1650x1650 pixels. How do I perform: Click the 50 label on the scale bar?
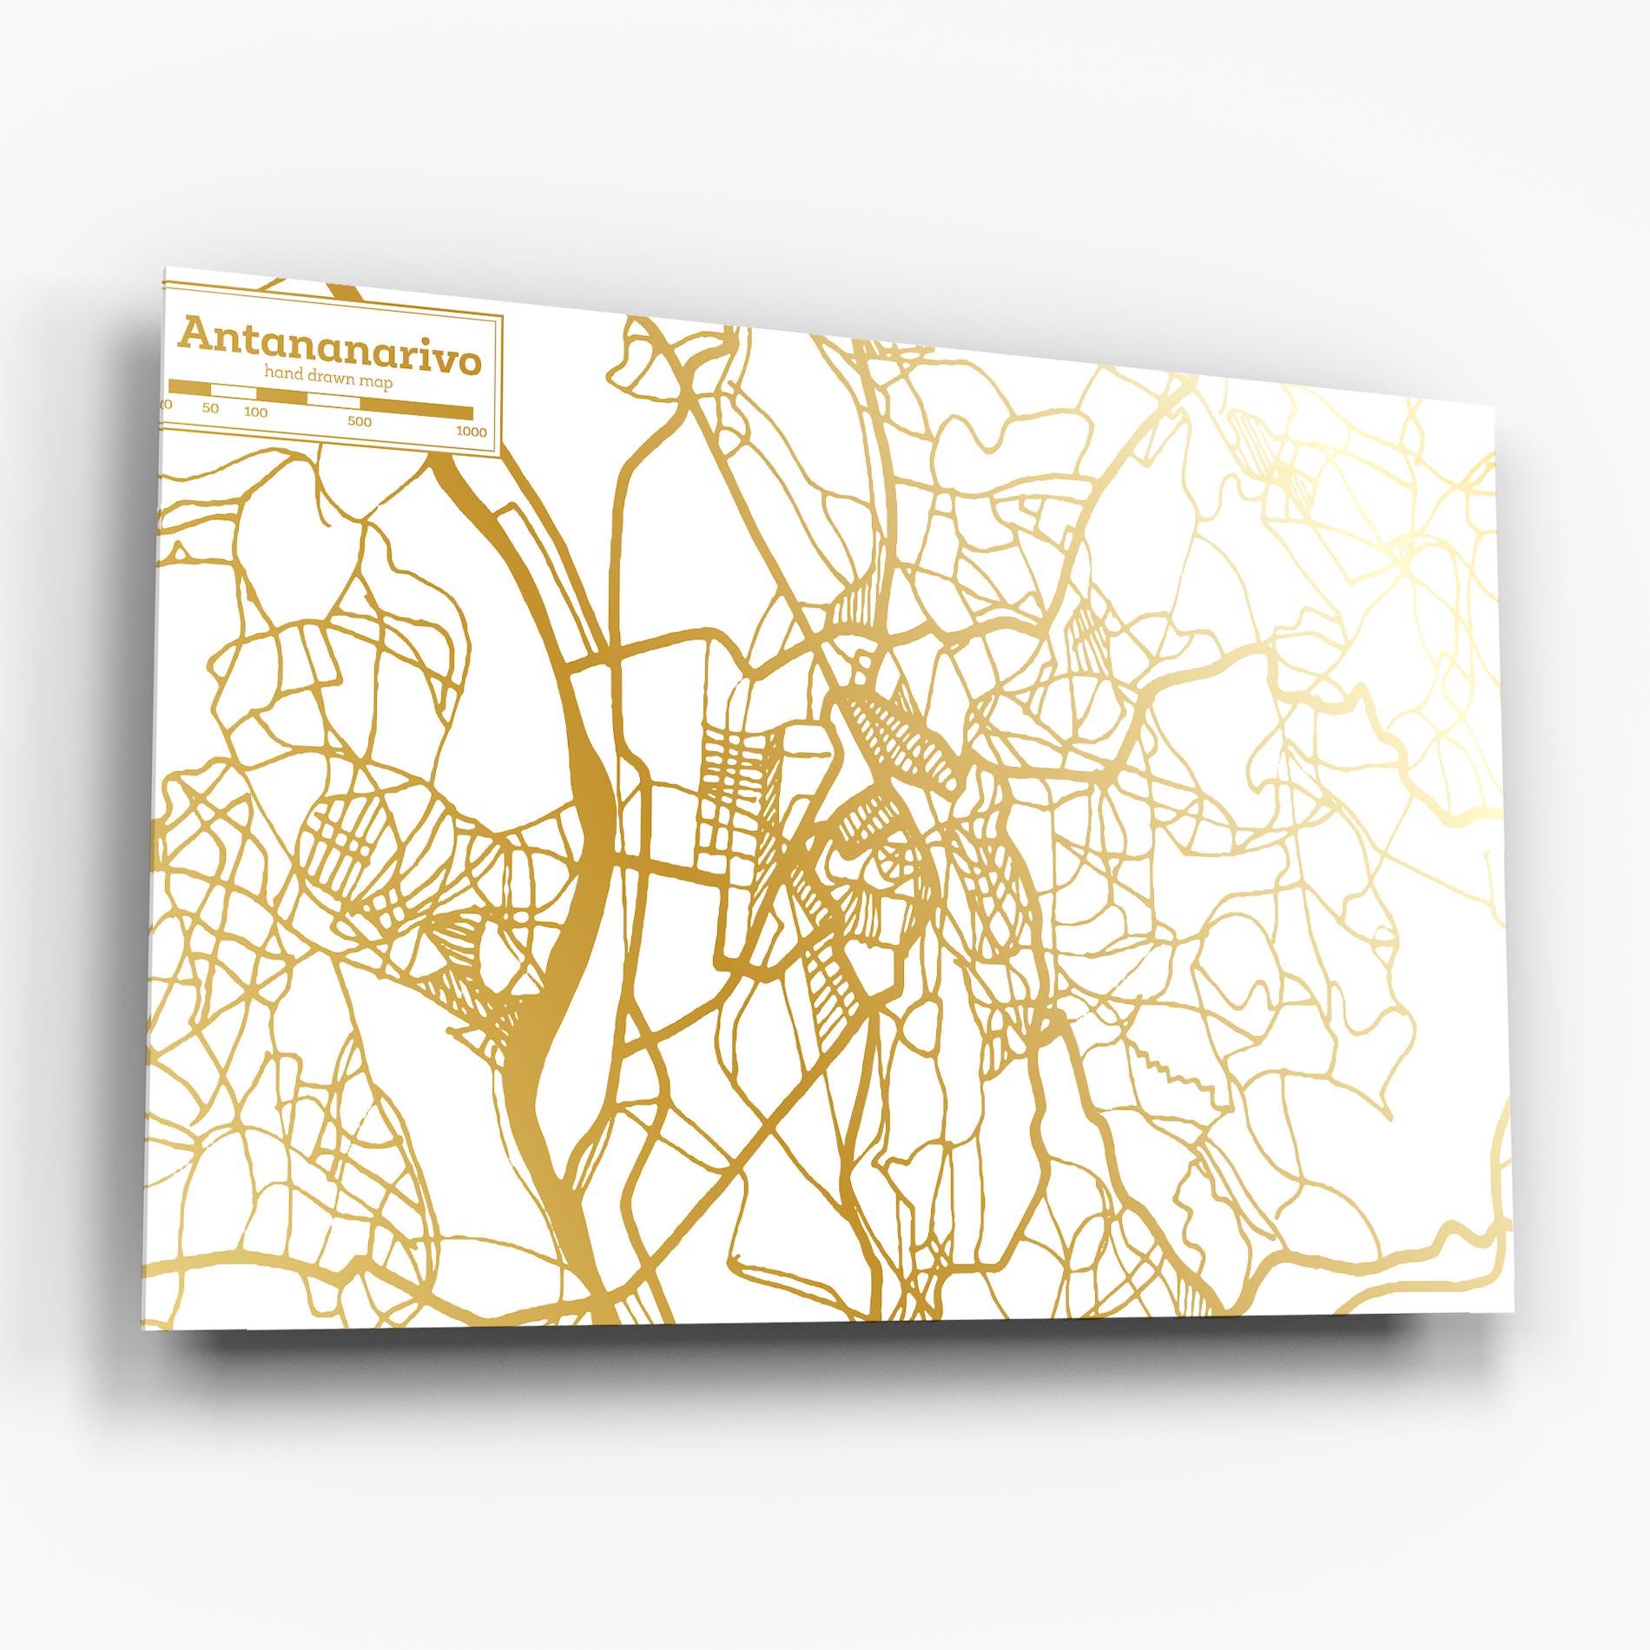pyautogui.click(x=211, y=408)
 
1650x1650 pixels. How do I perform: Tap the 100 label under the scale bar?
pyautogui.click(x=256, y=412)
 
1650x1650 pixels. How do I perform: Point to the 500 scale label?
pyautogui.click(x=360, y=422)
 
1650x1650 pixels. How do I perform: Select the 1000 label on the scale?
pyautogui.click(x=472, y=432)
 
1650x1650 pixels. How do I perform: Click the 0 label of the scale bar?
pyautogui.click(x=168, y=405)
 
